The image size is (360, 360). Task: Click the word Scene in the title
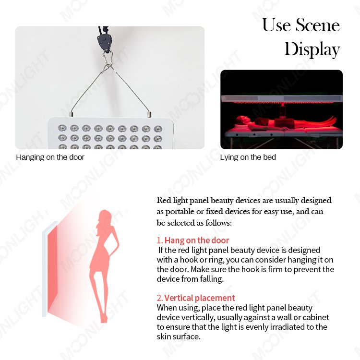pyautogui.click(x=317, y=25)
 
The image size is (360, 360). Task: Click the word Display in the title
pyautogui.click(x=312, y=49)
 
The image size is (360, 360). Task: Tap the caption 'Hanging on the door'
pyautogui.click(x=50, y=157)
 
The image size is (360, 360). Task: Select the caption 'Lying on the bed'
pyautogui.click(x=248, y=157)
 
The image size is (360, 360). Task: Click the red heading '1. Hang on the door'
pyautogui.click(x=193, y=240)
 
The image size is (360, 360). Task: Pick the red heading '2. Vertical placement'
pyautogui.click(x=196, y=298)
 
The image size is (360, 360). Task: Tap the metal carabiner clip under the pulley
pyautogui.click(x=108, y=59)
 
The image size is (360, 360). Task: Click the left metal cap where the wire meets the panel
pyautogui.click(x=72, y=114)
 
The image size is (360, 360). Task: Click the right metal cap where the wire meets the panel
pyautogui.click(x=149, y=114)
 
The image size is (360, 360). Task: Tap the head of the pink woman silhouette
pyautogui.click(x=105, y=216)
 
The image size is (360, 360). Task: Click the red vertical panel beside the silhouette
pyautogui.click(x=53, y=269)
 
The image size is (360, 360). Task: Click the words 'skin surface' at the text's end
pyautogui.click(x=179, y=336)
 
